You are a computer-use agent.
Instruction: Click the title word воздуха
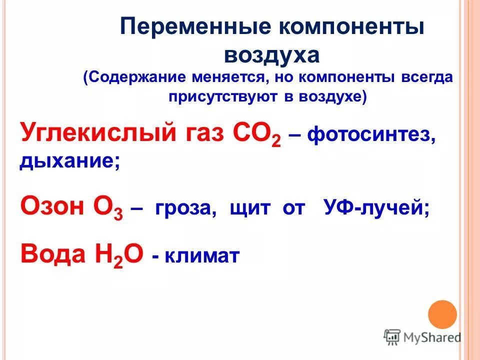pyautogui.click(x=271, y=54)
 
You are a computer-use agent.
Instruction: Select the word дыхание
pyautogui.click(x=69, y=161)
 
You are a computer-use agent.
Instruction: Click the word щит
pyautogui.click(x=247, y=208)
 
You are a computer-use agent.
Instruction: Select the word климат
pyautogui.click(x=201, y=257)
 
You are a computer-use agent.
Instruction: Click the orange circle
pyautogui.click(x=442, y=314)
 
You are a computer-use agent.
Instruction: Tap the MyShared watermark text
pyautogui.click(x=431, y=337)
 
